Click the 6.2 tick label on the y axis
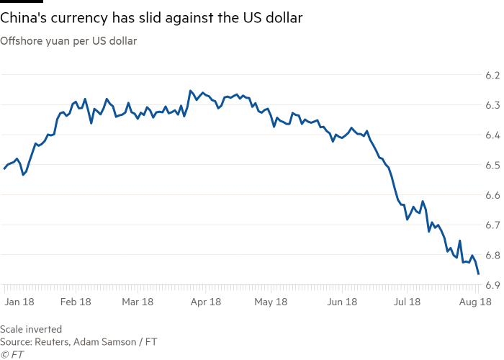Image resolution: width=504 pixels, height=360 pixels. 492,75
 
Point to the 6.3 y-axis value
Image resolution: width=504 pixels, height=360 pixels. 492,105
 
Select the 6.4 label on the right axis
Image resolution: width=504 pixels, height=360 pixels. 492,135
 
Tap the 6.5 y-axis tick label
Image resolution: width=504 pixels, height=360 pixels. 492,166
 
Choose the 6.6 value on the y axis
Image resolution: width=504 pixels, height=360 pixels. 492,195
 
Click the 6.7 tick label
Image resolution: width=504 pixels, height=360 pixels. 492,225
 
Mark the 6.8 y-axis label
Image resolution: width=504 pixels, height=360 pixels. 492,256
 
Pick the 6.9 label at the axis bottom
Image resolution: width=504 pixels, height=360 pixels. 492,286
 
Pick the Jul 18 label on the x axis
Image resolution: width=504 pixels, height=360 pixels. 406,302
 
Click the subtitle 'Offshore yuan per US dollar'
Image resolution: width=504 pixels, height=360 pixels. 68,40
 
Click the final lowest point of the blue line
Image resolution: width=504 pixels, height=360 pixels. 480,274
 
